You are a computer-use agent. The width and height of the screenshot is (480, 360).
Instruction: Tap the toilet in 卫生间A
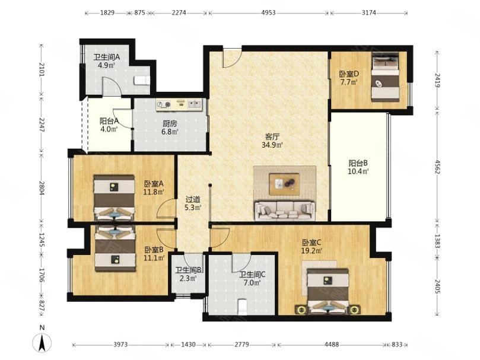point(142,81)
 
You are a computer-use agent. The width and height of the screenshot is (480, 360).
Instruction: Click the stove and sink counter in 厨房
point(179,105)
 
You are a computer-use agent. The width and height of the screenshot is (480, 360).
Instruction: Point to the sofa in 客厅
point(285,211)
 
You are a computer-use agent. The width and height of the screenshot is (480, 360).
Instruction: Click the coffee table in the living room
point(284,184)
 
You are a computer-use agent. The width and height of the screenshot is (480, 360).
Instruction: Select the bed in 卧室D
point(386,77)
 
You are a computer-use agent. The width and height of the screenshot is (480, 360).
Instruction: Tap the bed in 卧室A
point(114,197)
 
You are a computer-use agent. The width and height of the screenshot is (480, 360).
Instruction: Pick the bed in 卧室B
point(115,249)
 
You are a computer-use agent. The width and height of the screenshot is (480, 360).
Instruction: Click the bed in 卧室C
point(328,291)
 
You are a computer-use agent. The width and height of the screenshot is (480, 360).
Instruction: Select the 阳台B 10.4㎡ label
point(358,167)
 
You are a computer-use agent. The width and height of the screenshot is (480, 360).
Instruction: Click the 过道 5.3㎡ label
point(193,203)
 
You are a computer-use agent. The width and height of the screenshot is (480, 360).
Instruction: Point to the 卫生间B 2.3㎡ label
point(188,274)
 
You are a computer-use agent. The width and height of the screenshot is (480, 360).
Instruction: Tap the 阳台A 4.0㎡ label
point(109,125)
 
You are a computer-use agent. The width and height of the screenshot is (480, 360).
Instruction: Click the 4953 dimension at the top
point(268,12)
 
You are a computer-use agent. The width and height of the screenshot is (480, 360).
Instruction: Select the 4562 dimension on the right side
point(437,167)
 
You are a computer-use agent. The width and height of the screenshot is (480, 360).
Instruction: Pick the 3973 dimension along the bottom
point(120,345)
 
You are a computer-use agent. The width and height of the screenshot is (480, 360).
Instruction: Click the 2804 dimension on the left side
point(42,188)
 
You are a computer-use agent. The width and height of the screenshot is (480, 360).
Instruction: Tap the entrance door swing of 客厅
point(233,58)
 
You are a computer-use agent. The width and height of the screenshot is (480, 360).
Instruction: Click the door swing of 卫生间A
point(112,86)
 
